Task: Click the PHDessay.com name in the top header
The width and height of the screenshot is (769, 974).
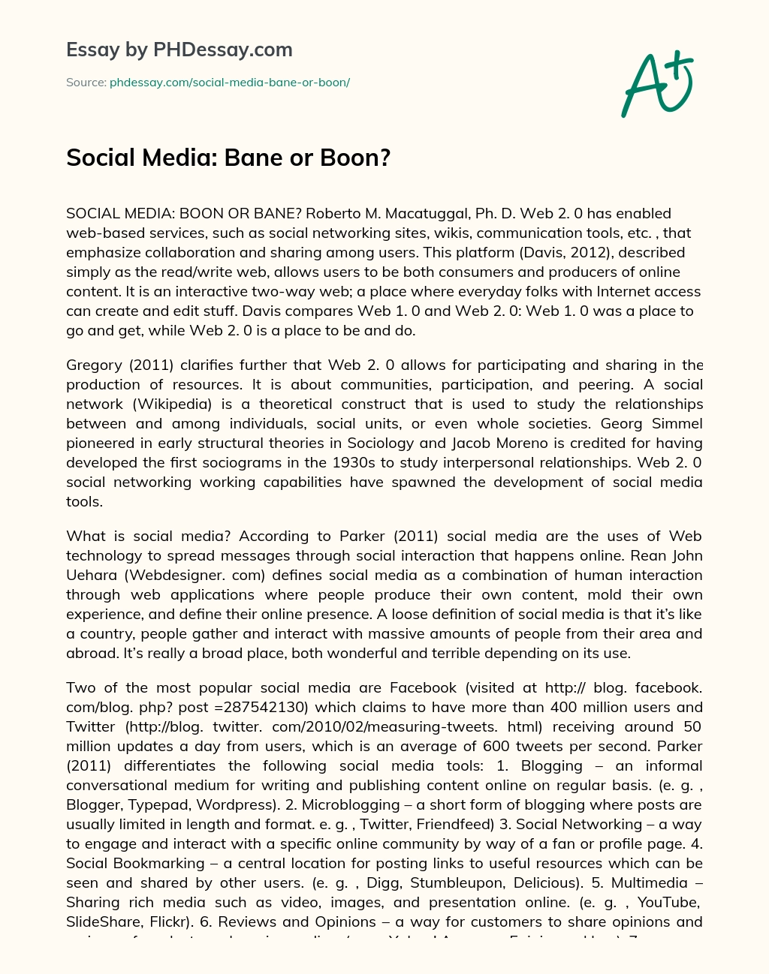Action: (x=222, y=50)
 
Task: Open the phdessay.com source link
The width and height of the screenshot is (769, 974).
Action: (x=230, y=83)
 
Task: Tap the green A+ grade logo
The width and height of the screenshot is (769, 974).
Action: (x=656, y=83)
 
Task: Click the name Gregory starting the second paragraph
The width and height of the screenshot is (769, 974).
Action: (x=93, y=365)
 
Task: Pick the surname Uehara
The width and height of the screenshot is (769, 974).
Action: (x=91, y=575)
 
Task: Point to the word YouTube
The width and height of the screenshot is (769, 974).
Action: (x=672, y=902)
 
